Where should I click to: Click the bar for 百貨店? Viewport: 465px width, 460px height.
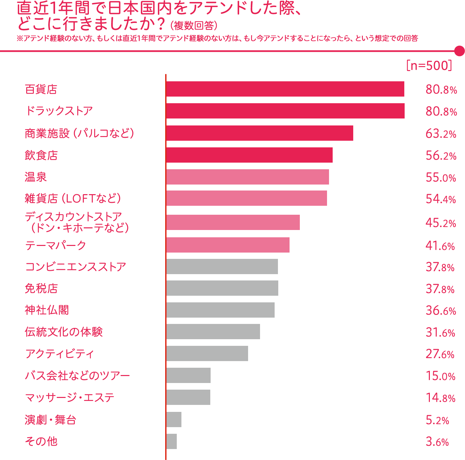pyautogui.click(x=285, y=89)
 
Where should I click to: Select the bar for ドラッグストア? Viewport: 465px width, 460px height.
pyautogui.click(x=285, y=111)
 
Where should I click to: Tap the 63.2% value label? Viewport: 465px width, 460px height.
pyautogui.click(x=441, y=134)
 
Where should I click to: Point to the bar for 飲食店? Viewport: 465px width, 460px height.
pyautogui.click(x=249, y=155)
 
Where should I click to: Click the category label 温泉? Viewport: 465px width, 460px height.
pyautogui.click(x=36, y=177)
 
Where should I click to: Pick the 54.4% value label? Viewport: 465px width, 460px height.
pyautogui.click(x=441, y=199)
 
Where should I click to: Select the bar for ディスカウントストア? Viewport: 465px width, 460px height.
pyautogui.click(x=233, y=222)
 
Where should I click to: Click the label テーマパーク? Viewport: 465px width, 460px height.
pyautogui.click(x=55, y=246)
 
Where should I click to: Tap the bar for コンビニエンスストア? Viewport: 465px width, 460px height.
pyautogui.click(x=222, y=267)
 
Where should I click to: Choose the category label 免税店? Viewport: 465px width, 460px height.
pyautogui.click(x=41, y=288)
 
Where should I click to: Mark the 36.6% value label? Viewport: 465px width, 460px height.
pyautogui.click(x=441, y=311)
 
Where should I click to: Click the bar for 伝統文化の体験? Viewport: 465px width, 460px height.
pyautogui.click(x=213, y=332)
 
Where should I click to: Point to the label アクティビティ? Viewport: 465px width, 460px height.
pyautogui.click(x=59, y=354)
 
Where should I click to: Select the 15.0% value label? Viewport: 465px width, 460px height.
pyautogui.click(x=440, y=376)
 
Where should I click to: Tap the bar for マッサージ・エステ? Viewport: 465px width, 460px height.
pyautogui.click(x=188, y=397)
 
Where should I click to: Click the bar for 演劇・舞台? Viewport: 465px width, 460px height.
pyautogui.click(x=174, y=420)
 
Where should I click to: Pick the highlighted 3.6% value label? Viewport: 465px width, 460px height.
pyautogui.click(x=437, y=441)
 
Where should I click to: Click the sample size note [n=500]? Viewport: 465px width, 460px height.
pyautogui.click(x=429, y=65)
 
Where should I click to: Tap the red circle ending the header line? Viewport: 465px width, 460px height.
pyautogui.click(x=459, y=51)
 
